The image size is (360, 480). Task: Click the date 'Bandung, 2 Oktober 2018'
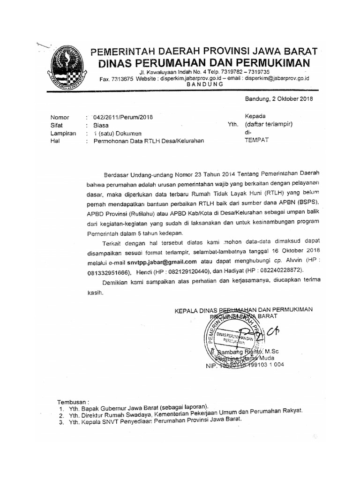click(x=279, y=99)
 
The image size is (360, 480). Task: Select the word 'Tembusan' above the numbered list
click(x=72, y=402)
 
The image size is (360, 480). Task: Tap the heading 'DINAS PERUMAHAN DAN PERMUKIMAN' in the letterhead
click(x=204, y=63)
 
